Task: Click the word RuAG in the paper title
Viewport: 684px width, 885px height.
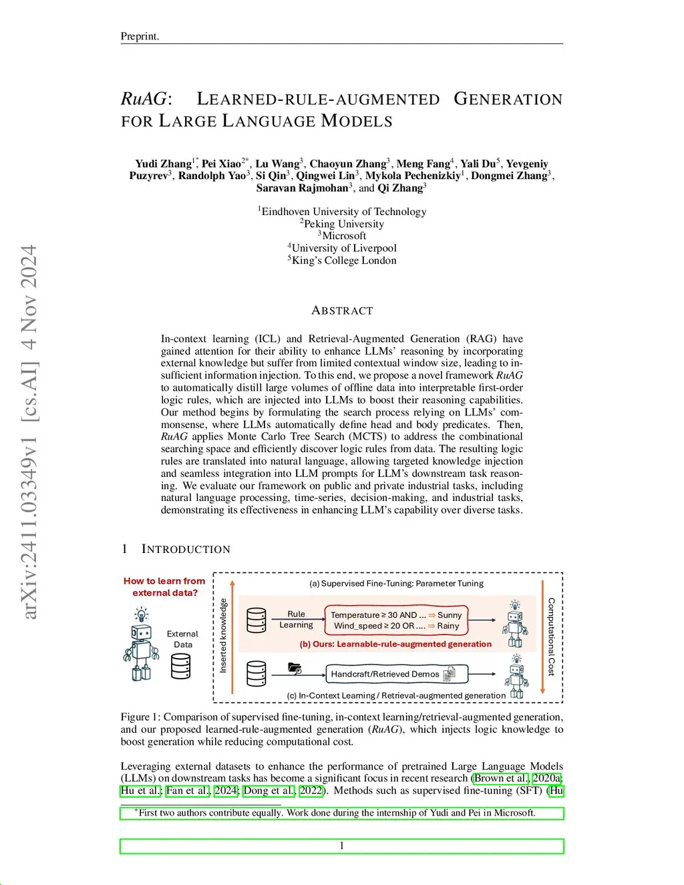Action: point(143,99)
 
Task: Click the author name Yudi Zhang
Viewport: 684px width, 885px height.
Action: point(163,164)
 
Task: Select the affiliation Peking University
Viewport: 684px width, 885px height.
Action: point(343,224)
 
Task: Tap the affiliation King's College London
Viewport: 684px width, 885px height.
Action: point(343,260)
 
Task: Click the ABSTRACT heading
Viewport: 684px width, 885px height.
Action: point(342,311)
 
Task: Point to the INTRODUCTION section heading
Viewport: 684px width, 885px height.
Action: point(186,549)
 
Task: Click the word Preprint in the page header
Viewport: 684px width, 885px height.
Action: point(139,36)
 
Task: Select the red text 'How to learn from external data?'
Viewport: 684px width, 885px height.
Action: point(164,586)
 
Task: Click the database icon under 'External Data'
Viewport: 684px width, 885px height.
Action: point(181,666)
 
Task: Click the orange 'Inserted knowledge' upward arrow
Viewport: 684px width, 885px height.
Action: point(232,635)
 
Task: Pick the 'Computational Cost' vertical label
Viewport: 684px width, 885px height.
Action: point(551,636)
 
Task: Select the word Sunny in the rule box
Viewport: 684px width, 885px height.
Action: point(450,615)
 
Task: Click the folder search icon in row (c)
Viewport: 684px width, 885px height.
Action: point(295,668)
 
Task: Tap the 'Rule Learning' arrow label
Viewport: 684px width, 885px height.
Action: point(296,619)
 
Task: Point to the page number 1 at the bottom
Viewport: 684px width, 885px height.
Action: point(342,846)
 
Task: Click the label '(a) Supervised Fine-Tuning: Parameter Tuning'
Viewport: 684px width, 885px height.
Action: point(396,583)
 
